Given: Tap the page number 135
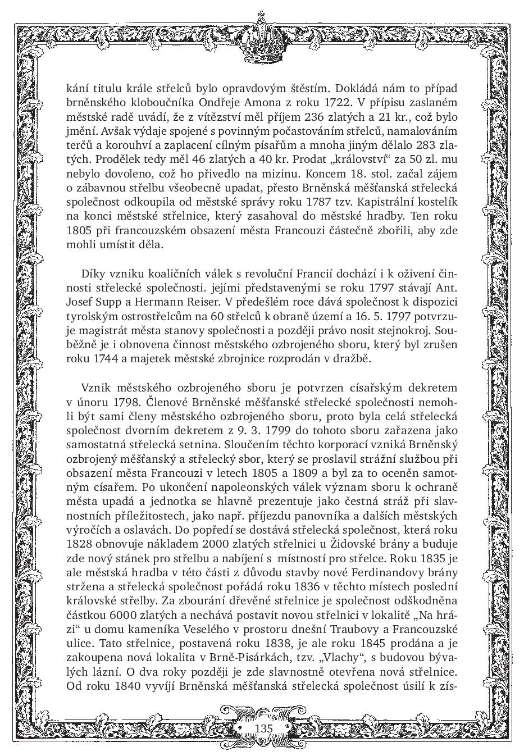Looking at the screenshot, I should [x=263, y=728].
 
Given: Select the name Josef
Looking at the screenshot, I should [x=81, y=300].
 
